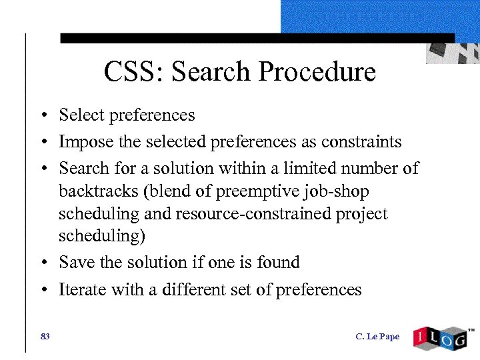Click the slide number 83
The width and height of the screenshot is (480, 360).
[45, 336]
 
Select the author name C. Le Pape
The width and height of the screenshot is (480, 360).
[377, 336]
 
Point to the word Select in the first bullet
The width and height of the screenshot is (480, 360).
[81, 115]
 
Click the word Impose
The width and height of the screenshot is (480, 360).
[83, 141]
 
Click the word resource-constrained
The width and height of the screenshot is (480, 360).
[261, 214]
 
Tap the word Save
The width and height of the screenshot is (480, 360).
[77, 262]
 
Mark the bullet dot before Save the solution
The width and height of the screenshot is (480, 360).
[42, 263]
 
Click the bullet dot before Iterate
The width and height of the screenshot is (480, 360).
[42, 290]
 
